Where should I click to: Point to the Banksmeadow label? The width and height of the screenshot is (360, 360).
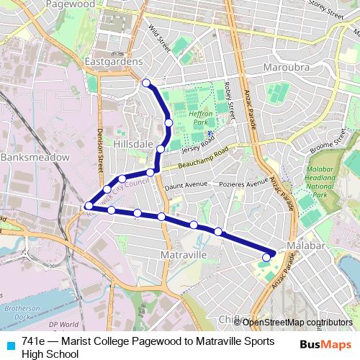click(x=34, y=156)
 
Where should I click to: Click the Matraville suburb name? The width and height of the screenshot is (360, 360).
click(x=186, y=255)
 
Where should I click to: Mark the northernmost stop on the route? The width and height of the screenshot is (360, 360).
click(x=146, y=83)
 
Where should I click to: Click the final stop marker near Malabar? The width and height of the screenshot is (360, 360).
click(x=266, y=257)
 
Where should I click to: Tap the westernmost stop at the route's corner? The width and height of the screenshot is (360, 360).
click(x=89, y=207)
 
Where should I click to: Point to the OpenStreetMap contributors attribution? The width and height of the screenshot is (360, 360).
click(x=297, y=322)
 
